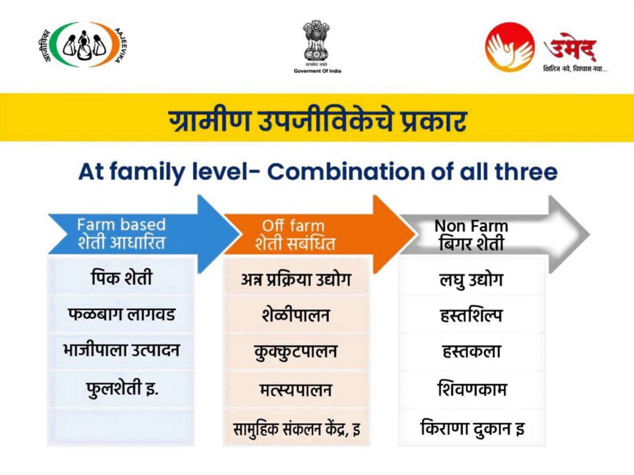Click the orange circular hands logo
tap(510, 47)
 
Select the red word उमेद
tap(570, 48)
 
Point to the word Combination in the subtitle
tap(345, 172)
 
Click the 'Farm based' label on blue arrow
tap(121, 225)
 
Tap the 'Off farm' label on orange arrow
tap(293, 225)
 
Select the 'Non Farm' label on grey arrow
tap(471, 226)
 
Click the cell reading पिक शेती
tap(121, 278)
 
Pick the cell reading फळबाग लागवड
tap(121, 315)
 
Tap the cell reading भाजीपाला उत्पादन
tap(121, 351)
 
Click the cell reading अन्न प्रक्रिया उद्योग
tap(296, 279)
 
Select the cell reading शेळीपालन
tap(296, 315)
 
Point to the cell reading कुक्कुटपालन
tap(296, 352)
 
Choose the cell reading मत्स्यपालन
tap(296, 390)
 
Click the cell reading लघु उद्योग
tap(471, 280)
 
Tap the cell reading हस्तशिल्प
tap(471, 315)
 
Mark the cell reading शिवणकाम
tap(471, 389)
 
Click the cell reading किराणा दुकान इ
tap(471, 428)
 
